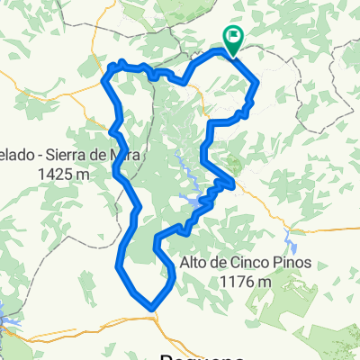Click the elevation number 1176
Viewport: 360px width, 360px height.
(234, 281)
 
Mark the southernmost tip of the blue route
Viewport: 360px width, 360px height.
(152, 308)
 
